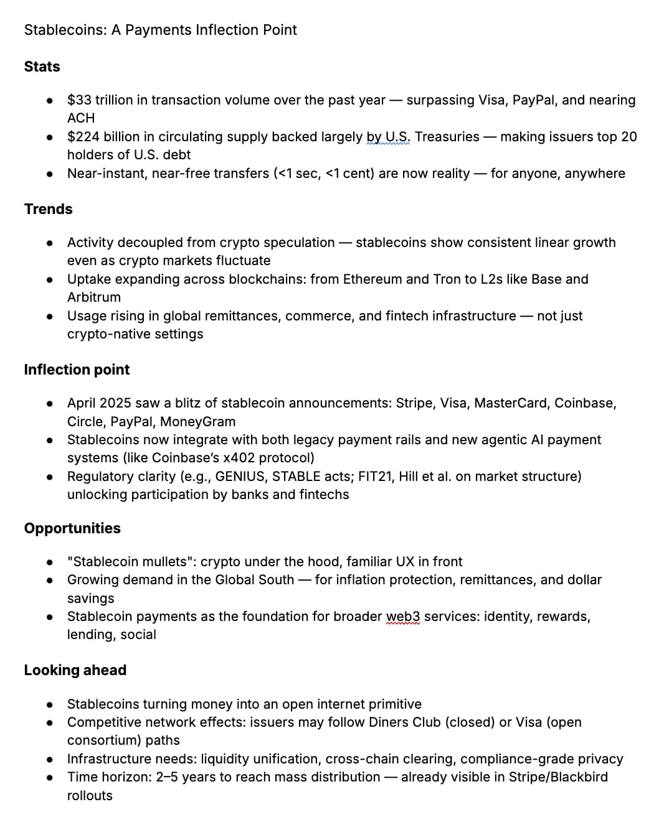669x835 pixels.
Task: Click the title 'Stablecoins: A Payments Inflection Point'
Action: pos(160,30)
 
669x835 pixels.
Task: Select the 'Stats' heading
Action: pos(42,67)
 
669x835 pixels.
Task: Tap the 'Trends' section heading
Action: pos(48,209)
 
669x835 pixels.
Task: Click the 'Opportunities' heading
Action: pos(72,528)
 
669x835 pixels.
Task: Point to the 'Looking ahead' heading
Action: pos(75,670)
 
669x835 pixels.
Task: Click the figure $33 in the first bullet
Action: pos(79,100)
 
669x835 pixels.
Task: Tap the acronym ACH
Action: pos(81,118)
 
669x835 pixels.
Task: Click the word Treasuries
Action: pos(447,137)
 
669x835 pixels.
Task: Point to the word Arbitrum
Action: pos(93,297)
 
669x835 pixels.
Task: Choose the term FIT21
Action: pos(374,477)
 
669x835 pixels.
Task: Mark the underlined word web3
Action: pos(403,617)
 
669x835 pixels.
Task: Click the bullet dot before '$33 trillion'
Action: pos(49,101)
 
